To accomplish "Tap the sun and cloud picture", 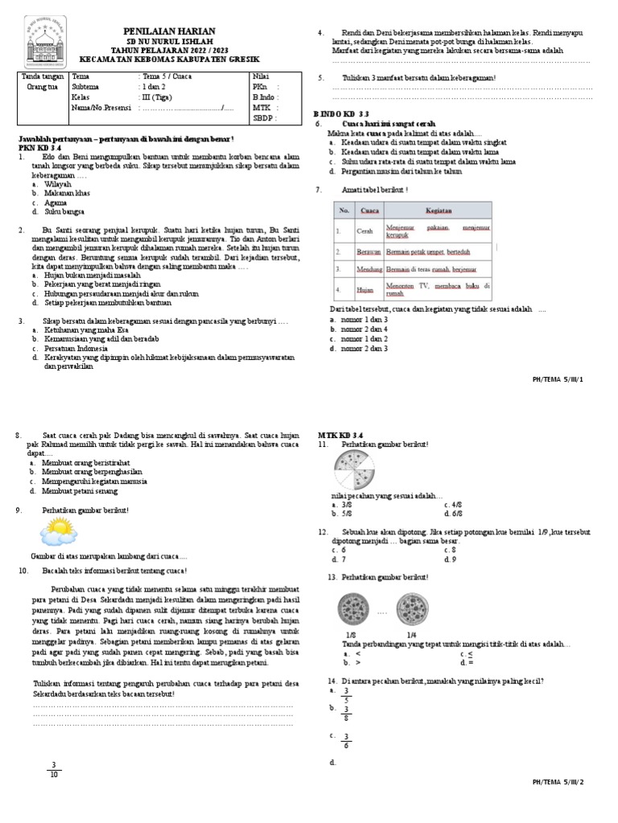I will pos(59,531).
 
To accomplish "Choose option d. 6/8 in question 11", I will pos(452,513).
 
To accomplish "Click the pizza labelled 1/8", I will pos(352,607).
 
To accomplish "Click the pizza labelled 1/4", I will pos(411,607).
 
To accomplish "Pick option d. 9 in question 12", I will pos(450,559).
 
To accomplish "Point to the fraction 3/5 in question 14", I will pos(345,695).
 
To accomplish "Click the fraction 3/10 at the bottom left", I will pos(54,769).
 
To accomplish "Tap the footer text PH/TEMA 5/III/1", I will pos(558,377).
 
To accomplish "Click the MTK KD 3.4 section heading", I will pos(340,434).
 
